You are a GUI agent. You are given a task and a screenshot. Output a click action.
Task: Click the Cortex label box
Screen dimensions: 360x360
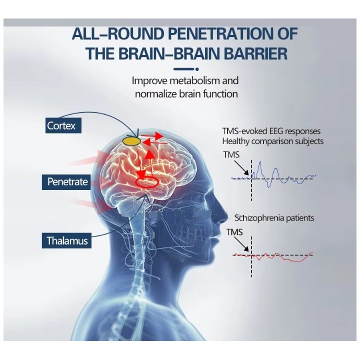63,125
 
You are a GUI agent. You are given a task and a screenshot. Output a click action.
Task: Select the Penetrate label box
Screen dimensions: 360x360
66,182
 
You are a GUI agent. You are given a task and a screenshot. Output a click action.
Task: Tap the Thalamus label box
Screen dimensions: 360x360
66,240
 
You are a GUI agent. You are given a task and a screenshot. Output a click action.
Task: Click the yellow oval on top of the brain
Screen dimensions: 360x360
132,140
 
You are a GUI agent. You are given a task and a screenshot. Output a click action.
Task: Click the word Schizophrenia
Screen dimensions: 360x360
256,217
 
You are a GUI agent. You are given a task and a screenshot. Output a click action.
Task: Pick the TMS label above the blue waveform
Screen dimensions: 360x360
231,154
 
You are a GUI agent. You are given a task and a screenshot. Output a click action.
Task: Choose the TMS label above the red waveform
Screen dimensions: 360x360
234,232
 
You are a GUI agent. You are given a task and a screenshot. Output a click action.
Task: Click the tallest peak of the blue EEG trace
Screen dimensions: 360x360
260,162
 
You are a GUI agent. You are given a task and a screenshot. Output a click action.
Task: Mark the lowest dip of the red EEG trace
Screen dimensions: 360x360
296,261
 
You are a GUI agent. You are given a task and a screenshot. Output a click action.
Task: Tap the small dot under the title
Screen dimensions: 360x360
197,69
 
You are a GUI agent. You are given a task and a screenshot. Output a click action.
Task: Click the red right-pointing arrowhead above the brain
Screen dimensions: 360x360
158,135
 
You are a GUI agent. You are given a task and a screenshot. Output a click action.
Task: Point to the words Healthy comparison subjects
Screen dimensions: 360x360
273,141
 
